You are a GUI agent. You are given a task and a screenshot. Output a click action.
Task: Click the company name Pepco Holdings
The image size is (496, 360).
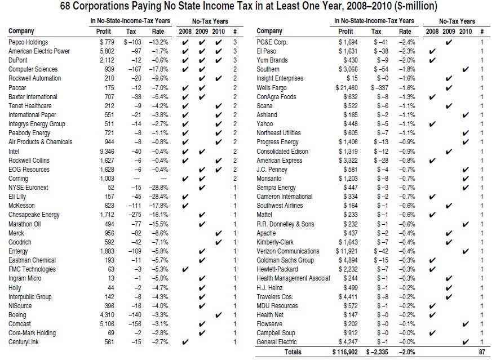point(28,42)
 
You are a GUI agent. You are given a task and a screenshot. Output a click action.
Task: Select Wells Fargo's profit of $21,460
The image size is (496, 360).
point(347,88)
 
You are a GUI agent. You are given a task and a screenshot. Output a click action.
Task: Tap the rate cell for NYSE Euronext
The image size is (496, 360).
point(158,188)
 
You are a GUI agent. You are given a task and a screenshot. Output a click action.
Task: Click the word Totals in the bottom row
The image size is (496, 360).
point(293,352)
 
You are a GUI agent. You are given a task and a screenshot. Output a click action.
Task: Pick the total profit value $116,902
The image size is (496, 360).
point(345,352)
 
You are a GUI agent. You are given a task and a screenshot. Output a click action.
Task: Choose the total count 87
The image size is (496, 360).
point(482,352)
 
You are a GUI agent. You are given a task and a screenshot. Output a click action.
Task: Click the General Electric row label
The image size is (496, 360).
point(277,342)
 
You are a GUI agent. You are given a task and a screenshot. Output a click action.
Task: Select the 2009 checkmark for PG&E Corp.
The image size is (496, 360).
point(449,42)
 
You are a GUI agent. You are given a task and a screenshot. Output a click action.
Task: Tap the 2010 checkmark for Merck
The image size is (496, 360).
point(218,234)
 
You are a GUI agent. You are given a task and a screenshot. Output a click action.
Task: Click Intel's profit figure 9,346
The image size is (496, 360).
point(107,152)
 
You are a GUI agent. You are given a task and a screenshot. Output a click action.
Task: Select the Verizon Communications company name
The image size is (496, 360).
point(288,252)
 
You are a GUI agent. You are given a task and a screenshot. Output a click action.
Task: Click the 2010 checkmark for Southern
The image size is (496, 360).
point(465,69)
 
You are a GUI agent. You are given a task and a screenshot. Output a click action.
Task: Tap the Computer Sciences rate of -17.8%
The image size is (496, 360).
point(158,69)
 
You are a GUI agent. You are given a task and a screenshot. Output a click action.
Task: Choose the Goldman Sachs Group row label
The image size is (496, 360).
point(285,260)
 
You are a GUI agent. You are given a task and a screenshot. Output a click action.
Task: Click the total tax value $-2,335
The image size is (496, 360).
point(377,352)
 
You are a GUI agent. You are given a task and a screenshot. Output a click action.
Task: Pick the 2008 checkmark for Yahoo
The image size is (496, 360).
point(432,124)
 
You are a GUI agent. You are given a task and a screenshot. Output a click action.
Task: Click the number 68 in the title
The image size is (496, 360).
point(65,6)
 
